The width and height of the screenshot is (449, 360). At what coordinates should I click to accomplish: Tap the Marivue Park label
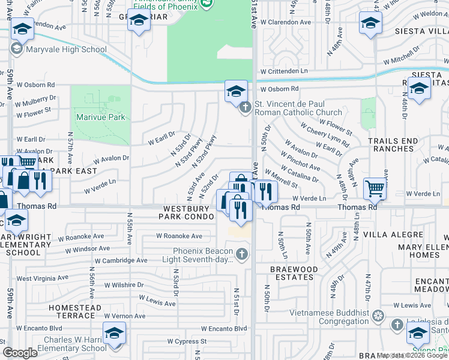100,117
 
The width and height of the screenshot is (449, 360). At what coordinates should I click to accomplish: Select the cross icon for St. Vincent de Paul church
244,108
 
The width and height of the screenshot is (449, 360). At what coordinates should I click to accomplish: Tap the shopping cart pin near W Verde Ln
375,188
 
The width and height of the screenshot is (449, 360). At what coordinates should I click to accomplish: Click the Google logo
20,353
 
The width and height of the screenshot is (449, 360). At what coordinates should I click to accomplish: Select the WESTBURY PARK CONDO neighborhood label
186,212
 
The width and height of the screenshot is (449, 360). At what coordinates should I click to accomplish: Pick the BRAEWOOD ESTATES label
292,274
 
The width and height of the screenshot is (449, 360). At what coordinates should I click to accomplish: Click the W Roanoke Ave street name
179,236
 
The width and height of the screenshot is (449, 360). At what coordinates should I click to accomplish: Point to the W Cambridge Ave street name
121,260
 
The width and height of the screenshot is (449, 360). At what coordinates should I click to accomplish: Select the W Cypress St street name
187,341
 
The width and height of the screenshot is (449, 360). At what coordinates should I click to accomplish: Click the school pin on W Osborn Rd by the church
236,92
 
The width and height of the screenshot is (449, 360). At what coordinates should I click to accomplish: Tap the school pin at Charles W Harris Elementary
114,334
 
